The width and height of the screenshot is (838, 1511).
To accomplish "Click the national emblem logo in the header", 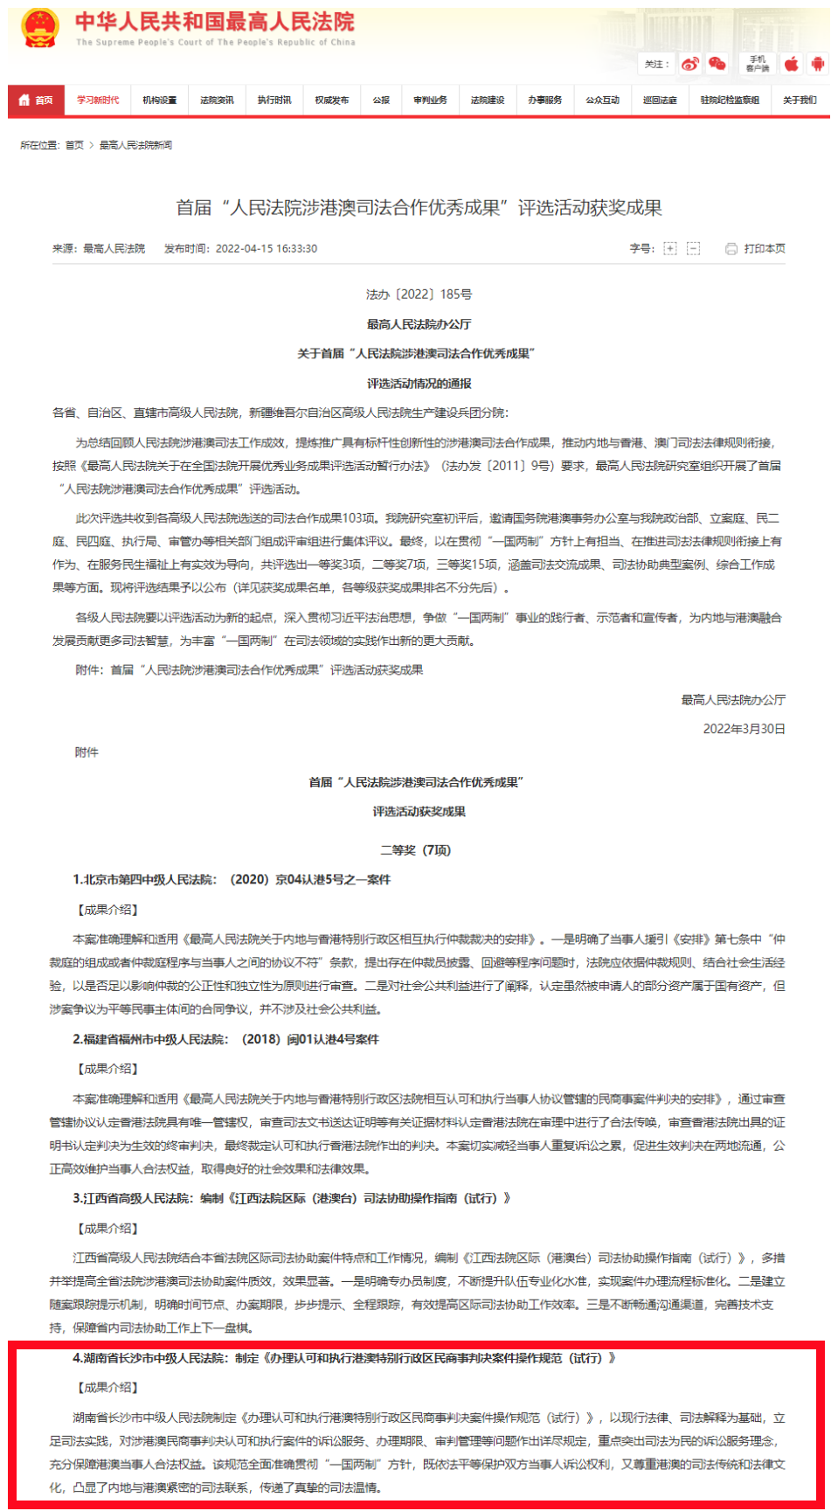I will coord(40,28).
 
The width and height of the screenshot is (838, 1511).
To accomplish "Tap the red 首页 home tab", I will coord(36,101).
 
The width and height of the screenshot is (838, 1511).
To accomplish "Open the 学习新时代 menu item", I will coord(98,101).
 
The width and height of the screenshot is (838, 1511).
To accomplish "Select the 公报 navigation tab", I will coord(381,101).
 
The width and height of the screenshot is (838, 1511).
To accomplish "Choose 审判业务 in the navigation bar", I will coord(430,101).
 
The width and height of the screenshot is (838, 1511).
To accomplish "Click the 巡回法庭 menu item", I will coord(660,101).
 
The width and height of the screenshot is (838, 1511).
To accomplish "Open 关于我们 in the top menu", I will coord(800,101).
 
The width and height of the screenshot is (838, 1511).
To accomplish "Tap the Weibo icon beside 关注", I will coord(690,64).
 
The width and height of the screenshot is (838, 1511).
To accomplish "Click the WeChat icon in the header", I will coord(717,64).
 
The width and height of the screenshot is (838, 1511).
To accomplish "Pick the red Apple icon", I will coord(792,64).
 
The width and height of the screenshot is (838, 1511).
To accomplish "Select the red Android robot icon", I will coord(818,64).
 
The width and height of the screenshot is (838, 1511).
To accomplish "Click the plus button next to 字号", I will coord(670,249).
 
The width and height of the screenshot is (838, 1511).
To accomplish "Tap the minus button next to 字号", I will coord(693,249).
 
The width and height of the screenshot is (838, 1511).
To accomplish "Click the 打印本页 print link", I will coord(756,249).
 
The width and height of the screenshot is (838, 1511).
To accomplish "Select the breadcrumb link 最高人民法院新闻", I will coord(135,145).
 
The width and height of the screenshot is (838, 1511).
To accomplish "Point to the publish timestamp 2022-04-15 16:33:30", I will coord(267,249).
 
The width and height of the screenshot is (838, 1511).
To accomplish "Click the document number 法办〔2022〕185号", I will coord(419,295).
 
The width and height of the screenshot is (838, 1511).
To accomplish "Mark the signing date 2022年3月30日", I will coord(744,729).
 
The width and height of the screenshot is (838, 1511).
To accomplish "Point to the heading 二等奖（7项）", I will coord(415,850).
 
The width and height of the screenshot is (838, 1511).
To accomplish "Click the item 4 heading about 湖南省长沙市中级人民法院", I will coord(345,1358).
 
